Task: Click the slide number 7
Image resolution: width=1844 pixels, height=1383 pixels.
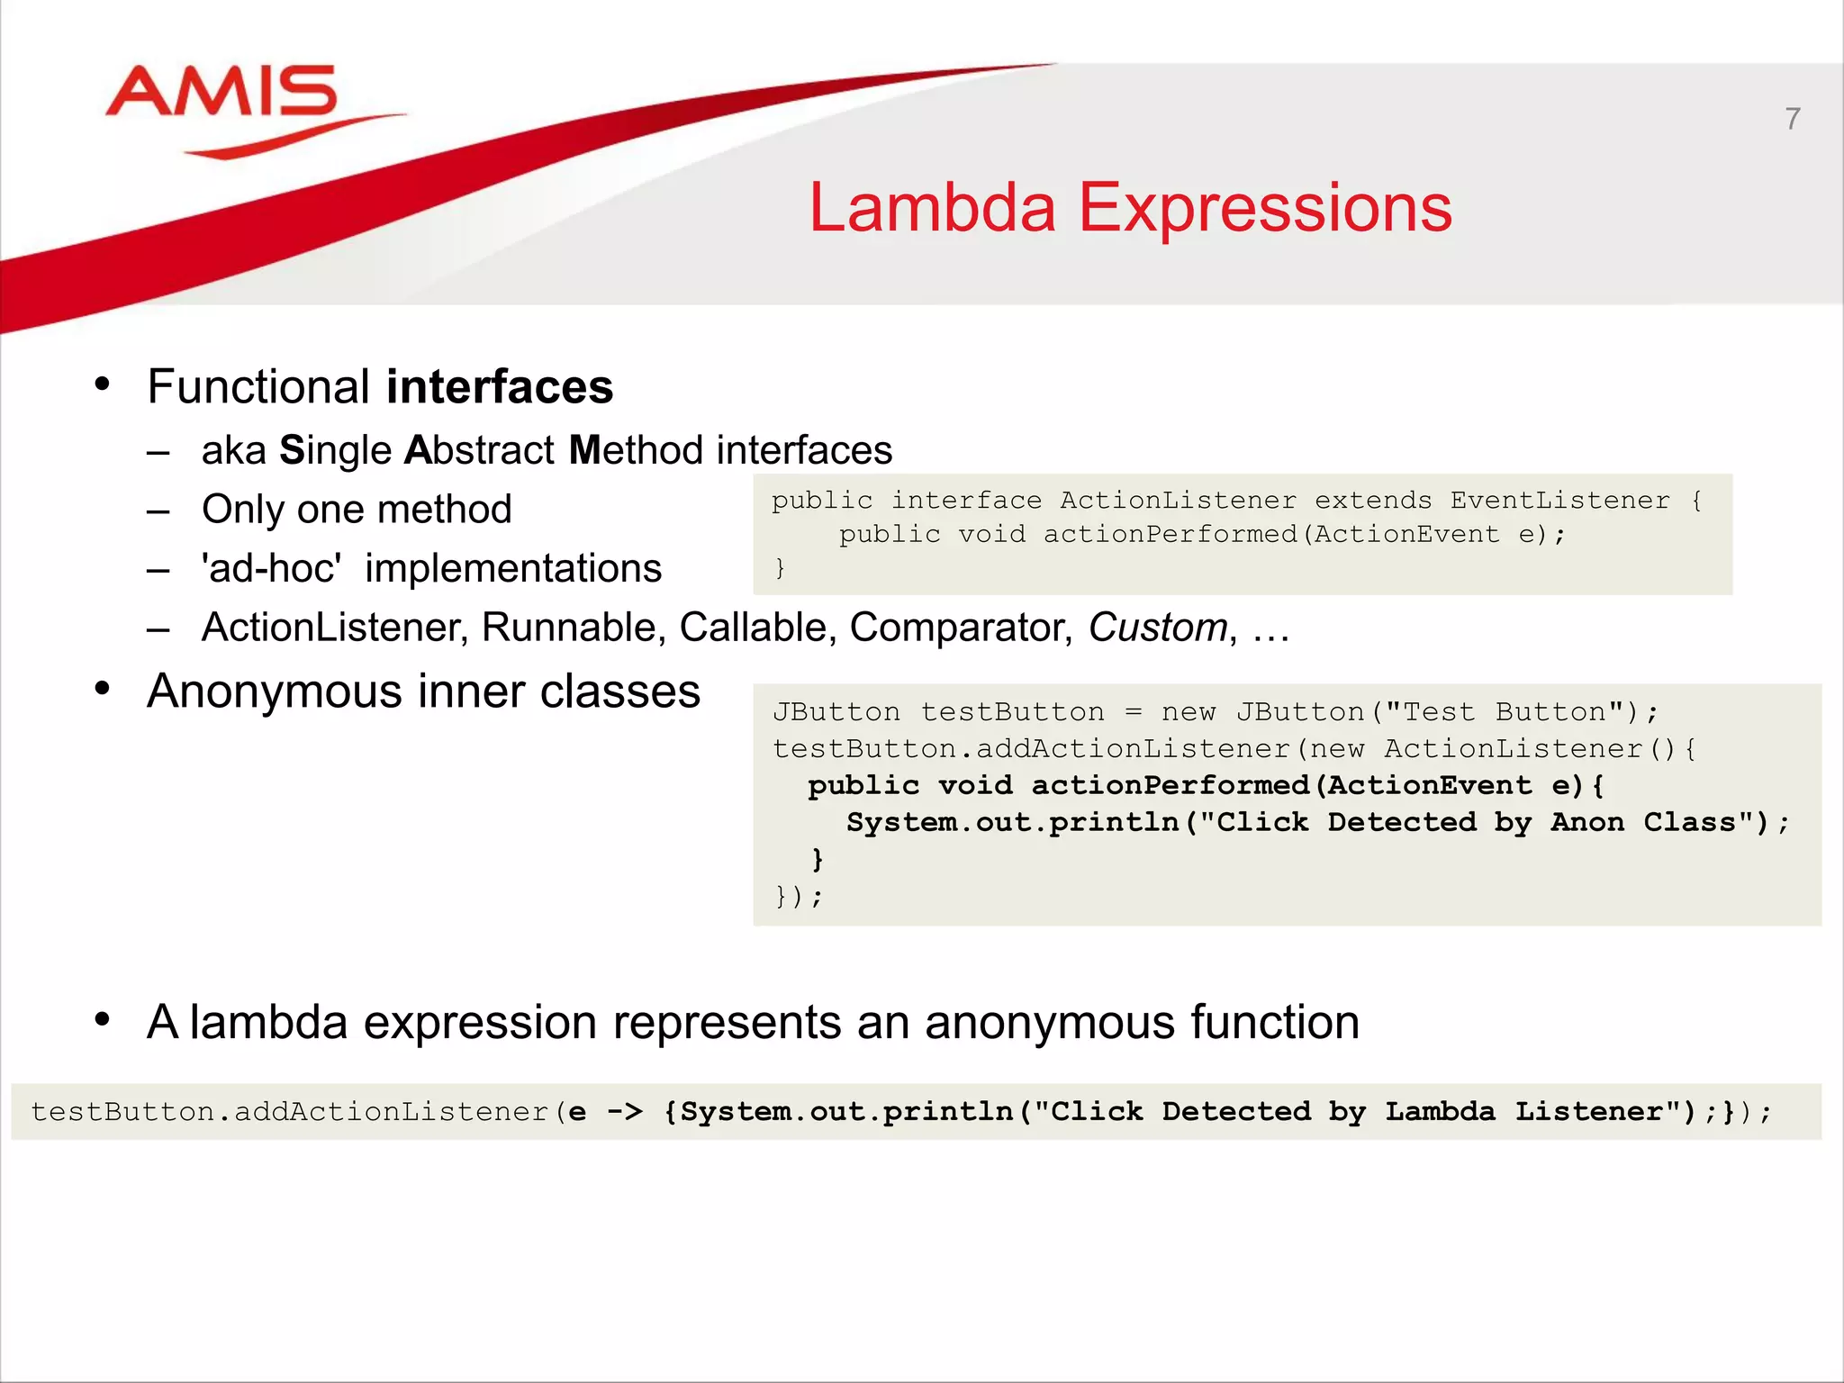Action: click(1792, 119)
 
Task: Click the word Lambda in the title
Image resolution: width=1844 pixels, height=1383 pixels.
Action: click(931, 208)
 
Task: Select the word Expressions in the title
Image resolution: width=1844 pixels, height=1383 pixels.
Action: click(1265, 208)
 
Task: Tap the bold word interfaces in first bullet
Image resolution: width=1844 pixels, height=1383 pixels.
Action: click(500, 387)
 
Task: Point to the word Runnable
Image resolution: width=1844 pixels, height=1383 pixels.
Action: click(573, 628)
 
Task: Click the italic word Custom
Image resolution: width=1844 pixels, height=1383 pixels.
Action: click(1157, 628)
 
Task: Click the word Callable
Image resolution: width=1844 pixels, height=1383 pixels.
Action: click(752, 628)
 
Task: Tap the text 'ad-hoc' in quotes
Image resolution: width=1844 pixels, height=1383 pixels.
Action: click(271, 569)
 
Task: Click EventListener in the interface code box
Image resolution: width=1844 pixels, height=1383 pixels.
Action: click(1559, 501)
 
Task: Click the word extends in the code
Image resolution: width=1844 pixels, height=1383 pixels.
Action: click(1372, 501)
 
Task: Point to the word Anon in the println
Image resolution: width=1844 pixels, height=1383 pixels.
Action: click(1586, 822)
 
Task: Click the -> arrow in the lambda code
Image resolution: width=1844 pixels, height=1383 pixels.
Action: click(625, 1112)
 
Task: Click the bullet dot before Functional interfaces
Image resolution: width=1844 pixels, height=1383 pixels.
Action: click(103, 384)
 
